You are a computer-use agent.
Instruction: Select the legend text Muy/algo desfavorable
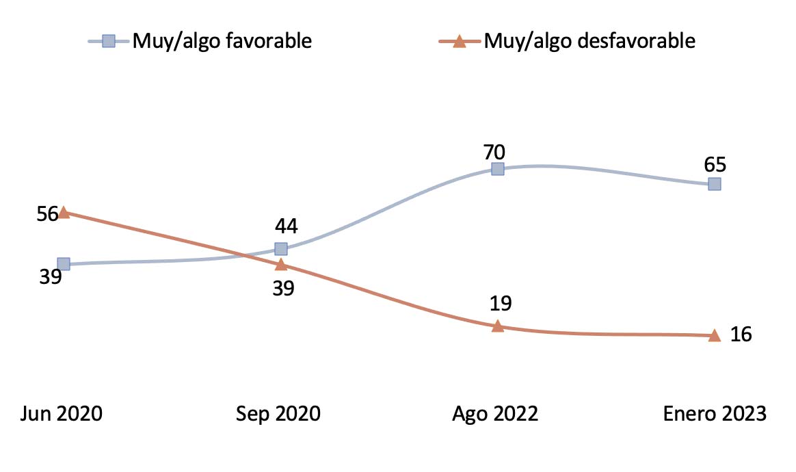click(x=589, y=41)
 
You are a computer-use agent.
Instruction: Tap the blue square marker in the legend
click(x=108, y=41)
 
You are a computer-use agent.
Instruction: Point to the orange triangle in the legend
click(x=459, y=42)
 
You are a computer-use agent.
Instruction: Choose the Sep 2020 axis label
click(x=278, y=414)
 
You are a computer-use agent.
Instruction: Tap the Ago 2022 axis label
click(x=496, y=414)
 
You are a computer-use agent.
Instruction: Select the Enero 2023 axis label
click(x=715, y=414)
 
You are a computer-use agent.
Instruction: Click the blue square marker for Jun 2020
click(x=64, y=264)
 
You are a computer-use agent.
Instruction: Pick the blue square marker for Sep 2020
click(x=280, y=248)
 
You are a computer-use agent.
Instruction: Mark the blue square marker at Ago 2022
click(x=498, y=169)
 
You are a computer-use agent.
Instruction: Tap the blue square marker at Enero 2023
click(x=715, y=184)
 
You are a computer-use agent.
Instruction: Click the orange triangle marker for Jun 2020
click(x=64, y=213)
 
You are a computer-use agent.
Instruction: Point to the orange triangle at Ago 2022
click(x=498, y=326)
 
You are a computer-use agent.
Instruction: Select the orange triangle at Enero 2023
click(x=715, y=335)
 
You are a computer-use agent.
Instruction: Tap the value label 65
click(x=715, y=165)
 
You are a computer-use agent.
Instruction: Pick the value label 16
click(x=741, y=335)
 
